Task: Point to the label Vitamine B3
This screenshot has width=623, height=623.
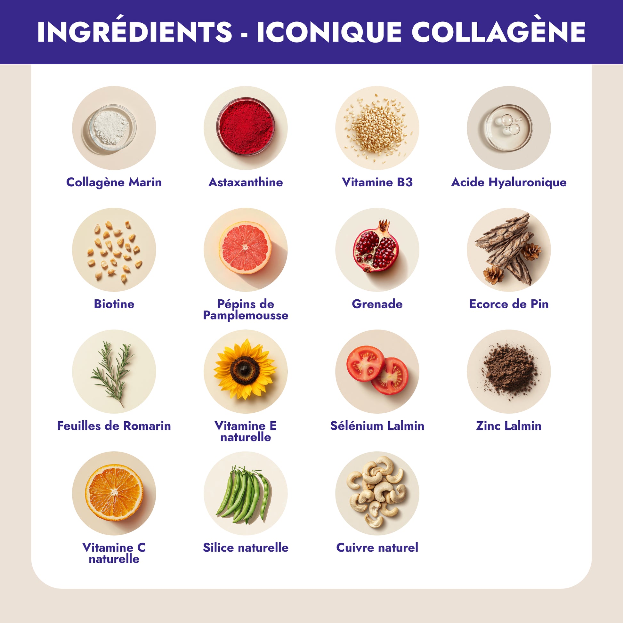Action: coord(377,182)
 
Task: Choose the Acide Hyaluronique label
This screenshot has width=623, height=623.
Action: coord(508,182)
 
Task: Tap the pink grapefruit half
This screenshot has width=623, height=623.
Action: coord(245,248)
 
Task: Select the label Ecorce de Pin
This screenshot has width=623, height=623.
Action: coord(508,304)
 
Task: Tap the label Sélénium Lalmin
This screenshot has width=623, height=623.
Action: coord(377,426)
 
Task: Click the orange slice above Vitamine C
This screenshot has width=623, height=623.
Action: coord(114,492)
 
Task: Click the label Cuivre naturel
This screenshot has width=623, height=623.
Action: coord(377,547)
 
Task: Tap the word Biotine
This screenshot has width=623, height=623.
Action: coord(114,304)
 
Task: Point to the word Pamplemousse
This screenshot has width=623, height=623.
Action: coord(246,315)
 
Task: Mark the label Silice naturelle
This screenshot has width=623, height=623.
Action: coord(246,547)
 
